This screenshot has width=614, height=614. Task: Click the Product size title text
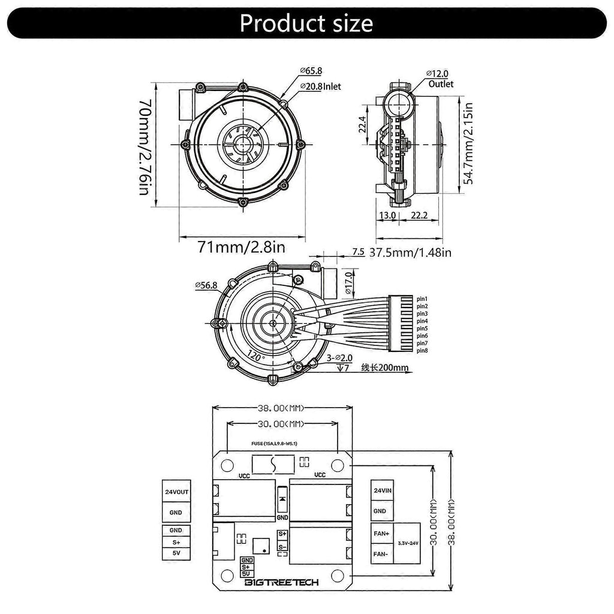[x=306, y=23]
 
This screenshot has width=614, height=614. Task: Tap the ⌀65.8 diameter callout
[x=311, y=71]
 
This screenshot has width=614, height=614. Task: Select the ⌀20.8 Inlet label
[x=320, y=86]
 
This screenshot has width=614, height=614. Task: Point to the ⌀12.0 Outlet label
[x=440, y=79]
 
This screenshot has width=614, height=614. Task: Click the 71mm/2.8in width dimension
[x=241, y=248]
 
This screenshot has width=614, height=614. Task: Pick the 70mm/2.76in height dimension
[x=145, y=147]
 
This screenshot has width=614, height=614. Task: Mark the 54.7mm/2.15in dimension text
[x=468, y=143]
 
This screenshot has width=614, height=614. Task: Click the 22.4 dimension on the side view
[x=362, y=124]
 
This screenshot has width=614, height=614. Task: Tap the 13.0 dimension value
[x=387, y=215]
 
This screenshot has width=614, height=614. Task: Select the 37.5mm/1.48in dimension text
[x=410, y=252]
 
